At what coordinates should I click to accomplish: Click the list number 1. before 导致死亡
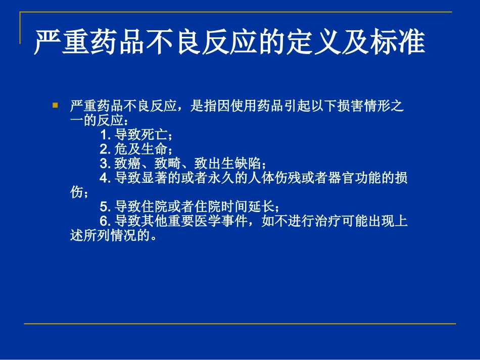coord(106,135)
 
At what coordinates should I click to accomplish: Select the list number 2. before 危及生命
coord(106,149)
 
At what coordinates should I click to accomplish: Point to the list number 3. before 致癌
coord(106,164)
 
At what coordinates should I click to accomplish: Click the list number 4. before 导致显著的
coord(106,178)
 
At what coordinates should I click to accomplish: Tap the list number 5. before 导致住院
coord(106,207)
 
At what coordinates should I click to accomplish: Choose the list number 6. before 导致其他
coord(106,221)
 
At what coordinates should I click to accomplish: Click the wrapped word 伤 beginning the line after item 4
coord(75,192)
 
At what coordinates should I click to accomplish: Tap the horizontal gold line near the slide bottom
coord(240,324)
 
